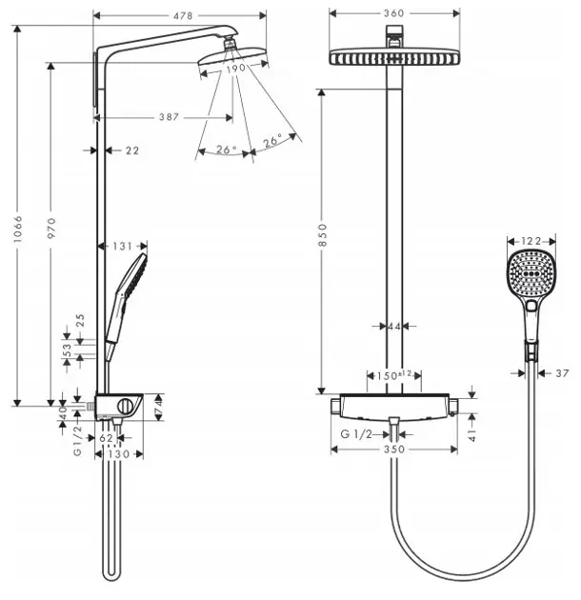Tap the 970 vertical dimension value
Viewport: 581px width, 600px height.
(x=53, y=227)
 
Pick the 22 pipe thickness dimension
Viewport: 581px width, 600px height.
(x=131, y=150)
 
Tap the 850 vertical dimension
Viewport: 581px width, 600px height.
(x=323, y=231)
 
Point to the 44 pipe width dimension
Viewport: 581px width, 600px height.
(x=394, y=327)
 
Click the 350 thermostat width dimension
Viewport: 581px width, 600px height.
(x=392, y=449)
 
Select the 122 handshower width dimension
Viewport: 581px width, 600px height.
(x=531, y=241)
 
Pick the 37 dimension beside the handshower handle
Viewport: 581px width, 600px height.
(x=561, y=372)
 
